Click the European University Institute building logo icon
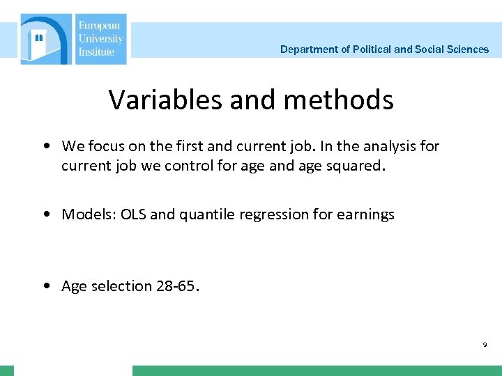coord(46,40)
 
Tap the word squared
coord(357,166)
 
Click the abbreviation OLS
coord(133,214)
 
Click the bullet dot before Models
coord(45,214)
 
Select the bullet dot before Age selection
coord(45,286)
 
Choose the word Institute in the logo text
coord(96,52)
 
